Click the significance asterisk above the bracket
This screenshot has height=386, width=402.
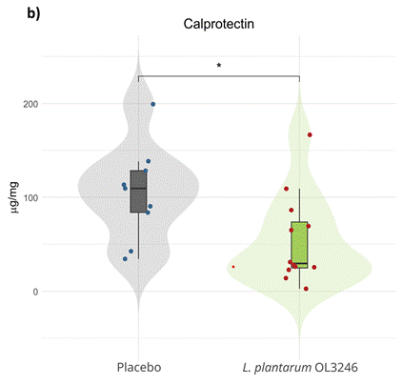coord(219,67)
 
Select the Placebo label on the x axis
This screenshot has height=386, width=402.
coord(138,367)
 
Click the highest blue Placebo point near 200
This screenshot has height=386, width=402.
coord(152,104)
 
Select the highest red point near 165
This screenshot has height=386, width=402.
coord(310,134)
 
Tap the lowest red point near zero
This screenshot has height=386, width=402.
coord(305,288)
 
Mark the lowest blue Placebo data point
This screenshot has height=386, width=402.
coord(125,258)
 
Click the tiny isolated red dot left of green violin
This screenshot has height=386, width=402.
coord(233,267)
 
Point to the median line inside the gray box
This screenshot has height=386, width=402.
coord(139,188)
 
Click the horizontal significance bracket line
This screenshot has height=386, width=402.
coord(219,76)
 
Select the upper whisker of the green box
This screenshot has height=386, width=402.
coord(299,205)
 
